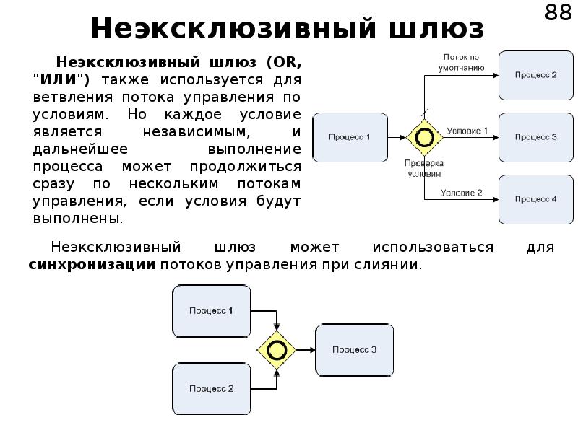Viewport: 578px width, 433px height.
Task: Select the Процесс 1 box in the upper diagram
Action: (x=349, y=137)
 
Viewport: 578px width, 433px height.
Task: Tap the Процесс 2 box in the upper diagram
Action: (x=535, y=74)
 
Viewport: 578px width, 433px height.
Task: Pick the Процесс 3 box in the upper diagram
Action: (x=535, y=137)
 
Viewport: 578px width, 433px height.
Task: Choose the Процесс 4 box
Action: (x=535, y=198)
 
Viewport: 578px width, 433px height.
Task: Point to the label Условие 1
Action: (x=467, y=131)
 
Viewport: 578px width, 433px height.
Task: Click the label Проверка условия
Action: (x=423, y=168)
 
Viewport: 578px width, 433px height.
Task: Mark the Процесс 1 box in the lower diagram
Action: (x=211, y=311)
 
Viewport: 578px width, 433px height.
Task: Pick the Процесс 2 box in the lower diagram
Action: (x=211, y=388)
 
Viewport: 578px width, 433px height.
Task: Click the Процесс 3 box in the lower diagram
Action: (x=354, y=349)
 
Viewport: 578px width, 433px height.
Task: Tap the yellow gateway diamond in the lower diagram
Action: (x=275, y=350)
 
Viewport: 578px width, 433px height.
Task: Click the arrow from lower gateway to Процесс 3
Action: (x=304, y=350)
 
